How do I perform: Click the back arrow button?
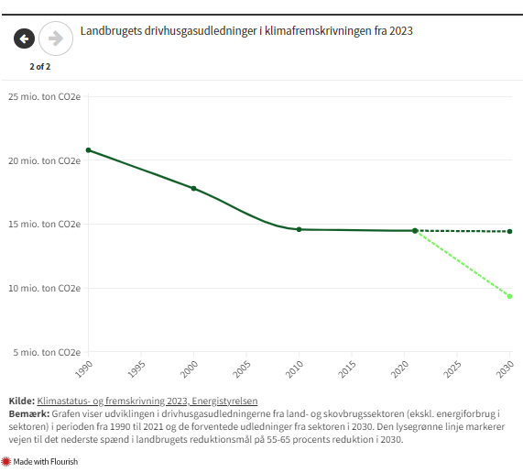25,38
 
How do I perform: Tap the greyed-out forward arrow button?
56,38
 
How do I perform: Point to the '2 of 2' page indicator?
39,66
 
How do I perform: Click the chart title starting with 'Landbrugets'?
246,31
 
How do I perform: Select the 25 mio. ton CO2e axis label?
44,96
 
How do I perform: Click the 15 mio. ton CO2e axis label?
44,224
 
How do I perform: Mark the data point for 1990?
88,149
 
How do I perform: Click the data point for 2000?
193,189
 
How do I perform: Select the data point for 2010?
299,229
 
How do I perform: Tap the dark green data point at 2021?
415,231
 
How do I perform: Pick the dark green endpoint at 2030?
510,231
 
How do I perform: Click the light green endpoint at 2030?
510,296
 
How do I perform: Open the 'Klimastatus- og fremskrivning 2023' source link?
147,401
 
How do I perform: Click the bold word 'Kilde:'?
21,401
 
